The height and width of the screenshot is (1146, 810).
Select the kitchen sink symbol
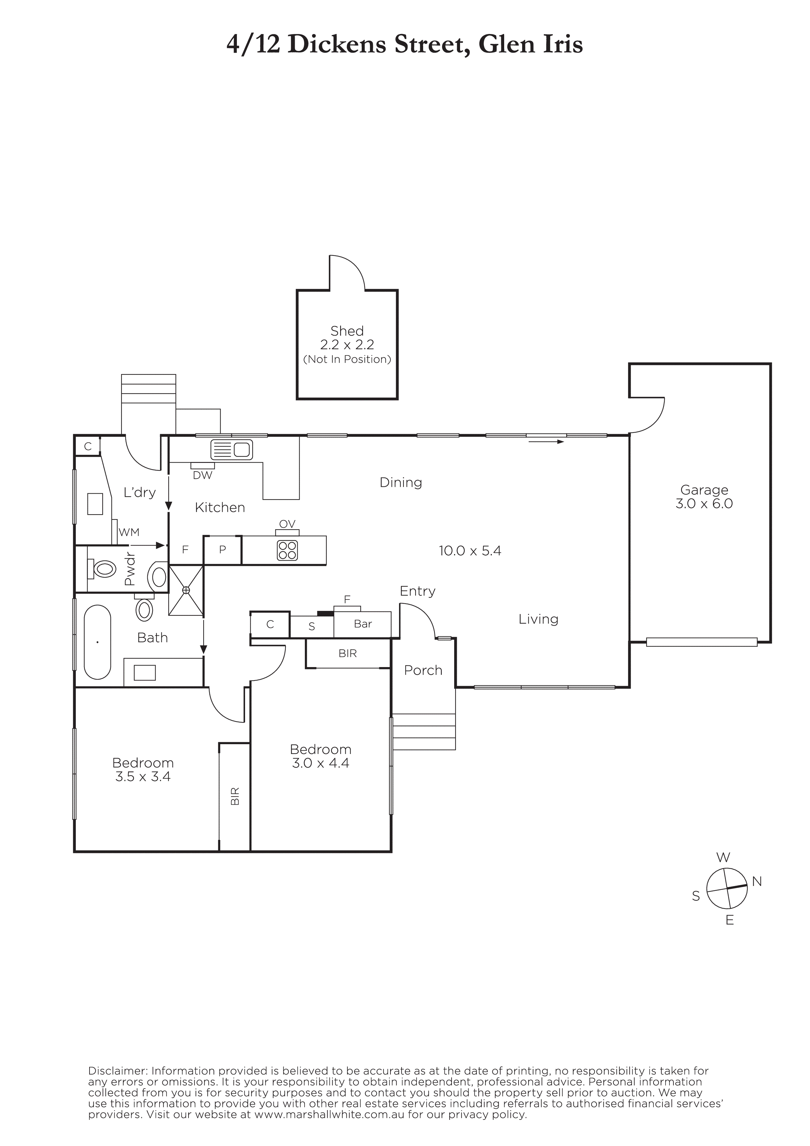[232, 450]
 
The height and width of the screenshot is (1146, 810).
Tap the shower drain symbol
[186, 590]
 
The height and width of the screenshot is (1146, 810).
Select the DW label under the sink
[203, 475]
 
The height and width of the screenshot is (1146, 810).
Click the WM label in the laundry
[129, 532]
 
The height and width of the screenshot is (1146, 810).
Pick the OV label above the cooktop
[288, 524]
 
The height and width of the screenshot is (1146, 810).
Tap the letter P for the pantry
[223, 549]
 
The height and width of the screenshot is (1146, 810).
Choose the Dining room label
[401, 483]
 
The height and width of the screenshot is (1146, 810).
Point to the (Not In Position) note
[347, 359]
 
